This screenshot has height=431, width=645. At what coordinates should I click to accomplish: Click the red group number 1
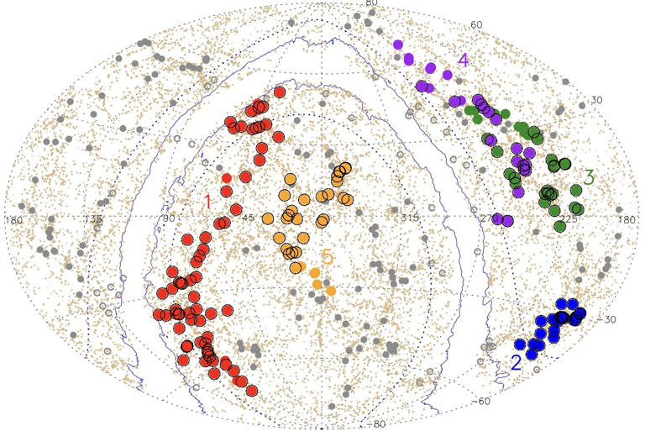(x=207, y=202)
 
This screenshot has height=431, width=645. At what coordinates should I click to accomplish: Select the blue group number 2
(x=516, y=363)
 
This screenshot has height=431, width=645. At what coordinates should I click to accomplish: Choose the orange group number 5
(x=327, y=257)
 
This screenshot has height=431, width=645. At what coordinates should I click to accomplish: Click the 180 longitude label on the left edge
(x=14, y=219)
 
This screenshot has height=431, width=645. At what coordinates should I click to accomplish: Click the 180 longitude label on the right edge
(x=627, y=219)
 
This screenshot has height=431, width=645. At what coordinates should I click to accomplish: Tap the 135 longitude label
(x=92, y=219)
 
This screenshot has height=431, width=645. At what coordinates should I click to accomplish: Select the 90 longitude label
(x=169, y=219)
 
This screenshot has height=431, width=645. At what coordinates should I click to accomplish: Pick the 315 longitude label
(x=409, y=219)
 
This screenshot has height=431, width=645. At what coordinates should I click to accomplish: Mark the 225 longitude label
(x=569, y=219)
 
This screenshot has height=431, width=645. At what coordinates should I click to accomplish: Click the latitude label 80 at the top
(x=372, y=4)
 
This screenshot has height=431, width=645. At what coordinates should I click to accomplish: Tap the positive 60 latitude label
(x=476, y=24)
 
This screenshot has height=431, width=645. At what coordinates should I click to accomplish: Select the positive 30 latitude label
(x=597, y=100)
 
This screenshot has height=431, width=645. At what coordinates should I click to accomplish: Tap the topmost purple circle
(x=398, y=44)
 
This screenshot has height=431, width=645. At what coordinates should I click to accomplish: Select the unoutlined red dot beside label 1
(x=227, y=178)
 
